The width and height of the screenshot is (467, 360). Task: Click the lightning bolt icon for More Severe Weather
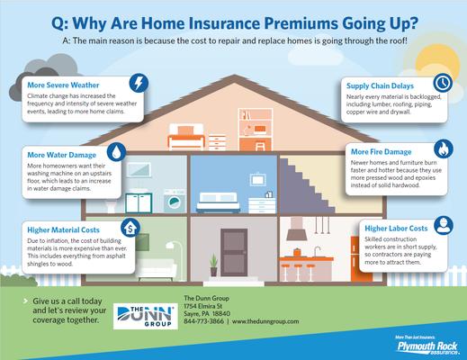tap(139, 85)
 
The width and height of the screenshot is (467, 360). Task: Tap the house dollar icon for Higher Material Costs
tap(131, 225)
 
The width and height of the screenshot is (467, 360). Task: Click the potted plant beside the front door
tap(212, 264)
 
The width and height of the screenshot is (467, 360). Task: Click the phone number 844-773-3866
tap(202, 320)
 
